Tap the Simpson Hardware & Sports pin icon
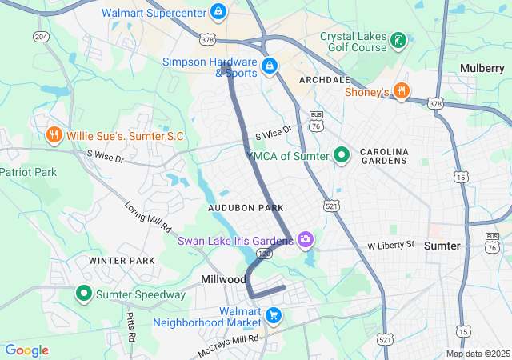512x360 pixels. click(270, 65)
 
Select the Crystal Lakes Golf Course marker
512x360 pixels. click(398, 40)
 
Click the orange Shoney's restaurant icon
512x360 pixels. click(402, 91)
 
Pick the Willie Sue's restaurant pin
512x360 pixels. click(54, 135)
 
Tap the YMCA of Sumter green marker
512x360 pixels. click(342, 155)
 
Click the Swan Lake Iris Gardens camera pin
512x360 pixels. click(305, 239)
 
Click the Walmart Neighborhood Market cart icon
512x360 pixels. click(274, 315)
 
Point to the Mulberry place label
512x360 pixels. click(482, 68)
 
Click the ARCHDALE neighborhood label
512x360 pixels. click(324, 80)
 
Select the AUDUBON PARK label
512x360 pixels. click(246, 208)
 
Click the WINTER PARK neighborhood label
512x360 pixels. click(122, 261)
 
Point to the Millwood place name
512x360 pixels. click(223, 279)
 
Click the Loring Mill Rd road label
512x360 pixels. click(149, 216)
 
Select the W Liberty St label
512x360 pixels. click(391, 244)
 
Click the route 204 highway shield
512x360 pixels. click(41, 38)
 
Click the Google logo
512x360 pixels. click(26, 350)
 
